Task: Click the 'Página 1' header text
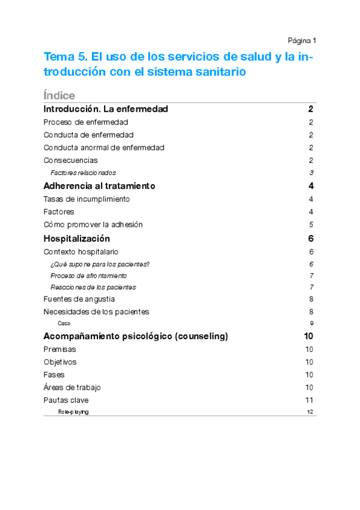click(x=302, y=41)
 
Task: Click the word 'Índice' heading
click(x=59, y=96)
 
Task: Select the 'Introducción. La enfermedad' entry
click(x=106, y=109)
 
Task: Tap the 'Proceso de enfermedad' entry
click(x=86, y=122)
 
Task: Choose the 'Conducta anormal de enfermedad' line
click(x=104, y=147)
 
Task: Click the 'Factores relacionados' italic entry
click(x=83, y=173)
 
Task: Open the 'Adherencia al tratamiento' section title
click(x=100, y=186)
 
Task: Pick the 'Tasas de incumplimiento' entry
click(x=87, y=199)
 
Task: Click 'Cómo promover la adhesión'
click(x=93, y=224)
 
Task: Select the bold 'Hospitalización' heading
click(x=77, y=239)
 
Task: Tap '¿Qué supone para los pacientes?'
click(x=100, y=264)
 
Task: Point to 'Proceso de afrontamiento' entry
click(x=88, y=275)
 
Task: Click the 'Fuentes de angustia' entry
click(x=79, y=299)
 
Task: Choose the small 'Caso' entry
click(x=64, y=323)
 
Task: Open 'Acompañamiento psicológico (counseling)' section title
click(x=136, y=336)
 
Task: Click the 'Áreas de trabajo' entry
click(x=72, y=387)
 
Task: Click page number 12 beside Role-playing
click(x=310, y=412)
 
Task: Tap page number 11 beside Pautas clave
click(x=310, y=400)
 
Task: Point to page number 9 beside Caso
click(x=311, y=323)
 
